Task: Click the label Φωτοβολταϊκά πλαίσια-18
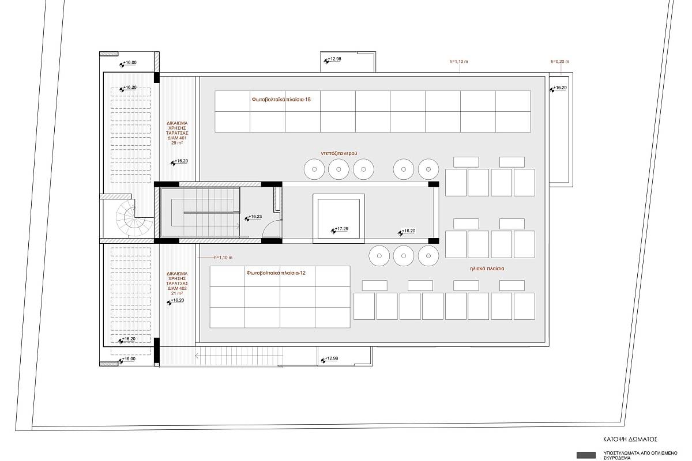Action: [281, 100]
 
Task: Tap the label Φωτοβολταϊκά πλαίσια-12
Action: [276, 273]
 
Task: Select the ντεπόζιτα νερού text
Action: [339, 153]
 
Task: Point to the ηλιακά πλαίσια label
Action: [487, 269]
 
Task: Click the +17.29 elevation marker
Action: [340, 229]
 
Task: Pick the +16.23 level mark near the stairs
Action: [253, 217]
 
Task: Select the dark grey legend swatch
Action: [586, 455]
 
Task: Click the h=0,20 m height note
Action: [560, 62]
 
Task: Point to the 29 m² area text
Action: [177, 143]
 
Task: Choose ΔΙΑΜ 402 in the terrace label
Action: [177, 288]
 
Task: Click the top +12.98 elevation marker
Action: [332, 59]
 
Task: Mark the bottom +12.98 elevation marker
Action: [329, 359]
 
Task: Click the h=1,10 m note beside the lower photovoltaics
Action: [223, 258]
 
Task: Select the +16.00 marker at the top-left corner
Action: [128, 63]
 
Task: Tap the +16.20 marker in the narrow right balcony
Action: [558, 89]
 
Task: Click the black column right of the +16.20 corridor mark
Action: [434, 241]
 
